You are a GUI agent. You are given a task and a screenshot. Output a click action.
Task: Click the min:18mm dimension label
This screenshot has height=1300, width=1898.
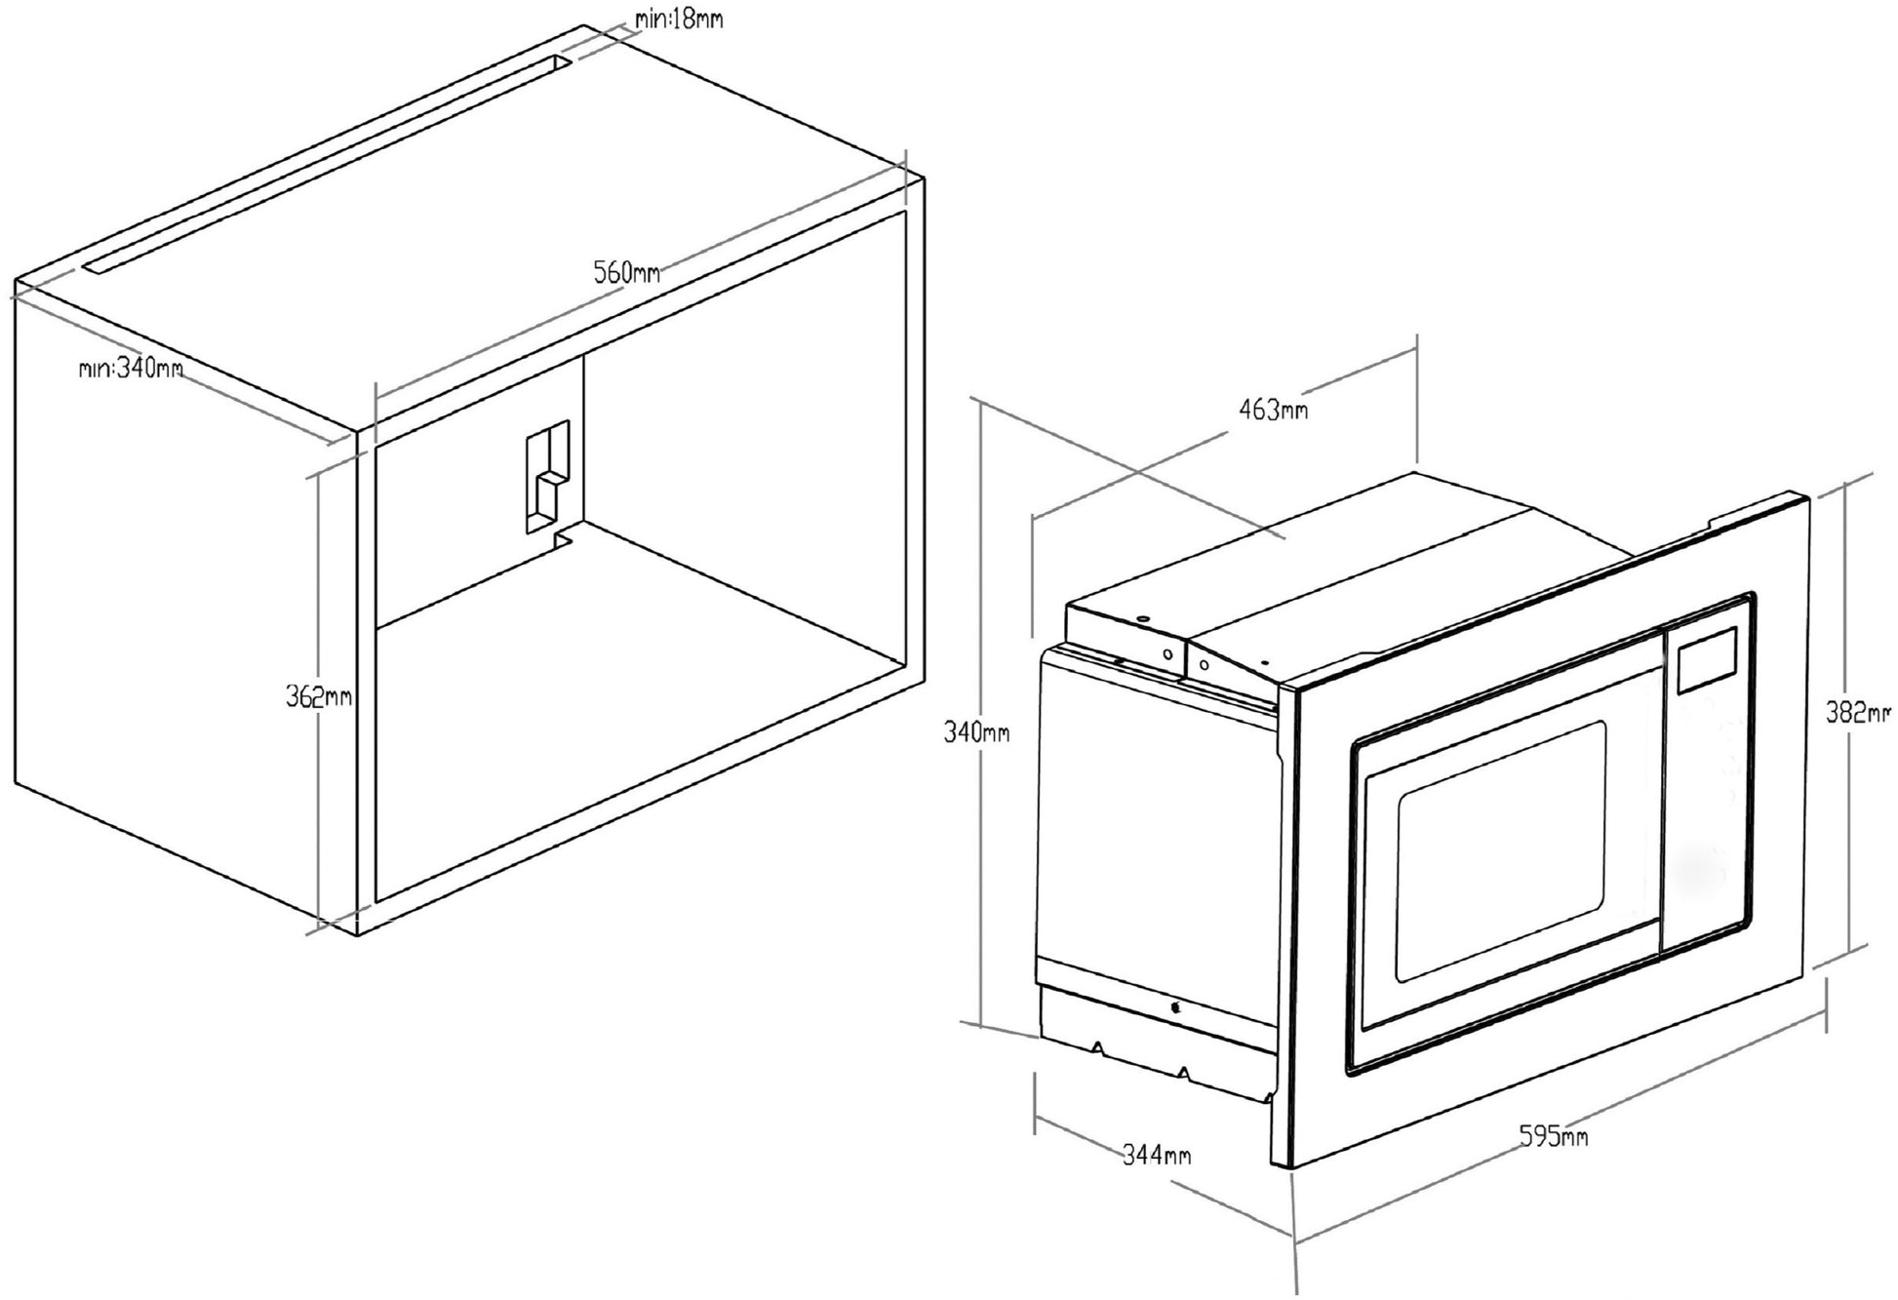click(x=679, y=18)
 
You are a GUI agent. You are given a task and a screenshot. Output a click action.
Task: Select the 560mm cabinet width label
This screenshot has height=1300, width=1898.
click(x=627, y=272)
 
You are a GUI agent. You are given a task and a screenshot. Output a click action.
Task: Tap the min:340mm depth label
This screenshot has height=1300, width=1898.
click(x=131, y=369)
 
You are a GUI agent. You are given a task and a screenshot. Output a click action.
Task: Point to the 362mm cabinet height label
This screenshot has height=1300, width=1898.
click(x=318, y=696)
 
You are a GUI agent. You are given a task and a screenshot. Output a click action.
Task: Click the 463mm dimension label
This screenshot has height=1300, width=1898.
click(x=1273, y=410)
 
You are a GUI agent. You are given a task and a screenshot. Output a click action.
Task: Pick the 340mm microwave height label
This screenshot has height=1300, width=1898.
click(x=976, y=731)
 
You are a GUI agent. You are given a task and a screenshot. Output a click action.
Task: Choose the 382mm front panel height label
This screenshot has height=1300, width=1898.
click(x=1857, y=713)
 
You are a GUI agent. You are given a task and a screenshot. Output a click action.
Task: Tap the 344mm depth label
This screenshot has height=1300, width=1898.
click(x=1157, y=1156)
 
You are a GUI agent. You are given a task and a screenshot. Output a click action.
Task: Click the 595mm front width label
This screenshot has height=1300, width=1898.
click(x=1553, y=1136)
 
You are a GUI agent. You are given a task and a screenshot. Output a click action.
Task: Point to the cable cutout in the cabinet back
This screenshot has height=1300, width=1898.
click(x=547, y=478)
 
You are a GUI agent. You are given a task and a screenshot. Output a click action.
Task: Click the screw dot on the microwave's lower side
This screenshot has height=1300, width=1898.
click(x=1175, y=1007)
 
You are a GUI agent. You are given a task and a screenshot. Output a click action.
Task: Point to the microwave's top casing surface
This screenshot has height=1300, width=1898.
click(x=1365, y=566)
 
